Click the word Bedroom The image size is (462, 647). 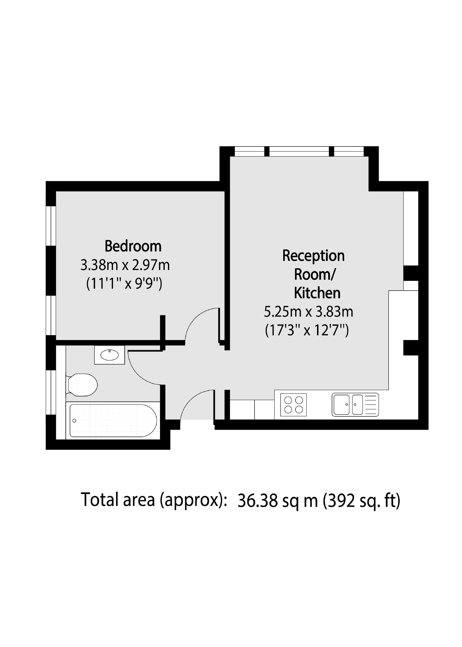(x=133, y=246)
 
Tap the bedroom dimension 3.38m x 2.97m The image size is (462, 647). (x=125, y=265)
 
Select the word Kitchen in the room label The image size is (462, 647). (x=317, y=293)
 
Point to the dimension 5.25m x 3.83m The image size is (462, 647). (x=308, y=312)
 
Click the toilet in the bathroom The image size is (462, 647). (x=83, y=384)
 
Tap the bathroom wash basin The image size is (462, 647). (x=109, y=355)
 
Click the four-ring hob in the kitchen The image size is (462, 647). (x=293, y=404)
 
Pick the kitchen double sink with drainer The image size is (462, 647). (x=355, y=404)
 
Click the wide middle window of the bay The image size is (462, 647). (x=299, y=151)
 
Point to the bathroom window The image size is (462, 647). (x=51, y=392)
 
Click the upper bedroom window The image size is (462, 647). (x=51, y=226)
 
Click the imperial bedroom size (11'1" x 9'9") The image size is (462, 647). (x=125, y=283)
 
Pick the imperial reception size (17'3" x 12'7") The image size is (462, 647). (x=307, y=330)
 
